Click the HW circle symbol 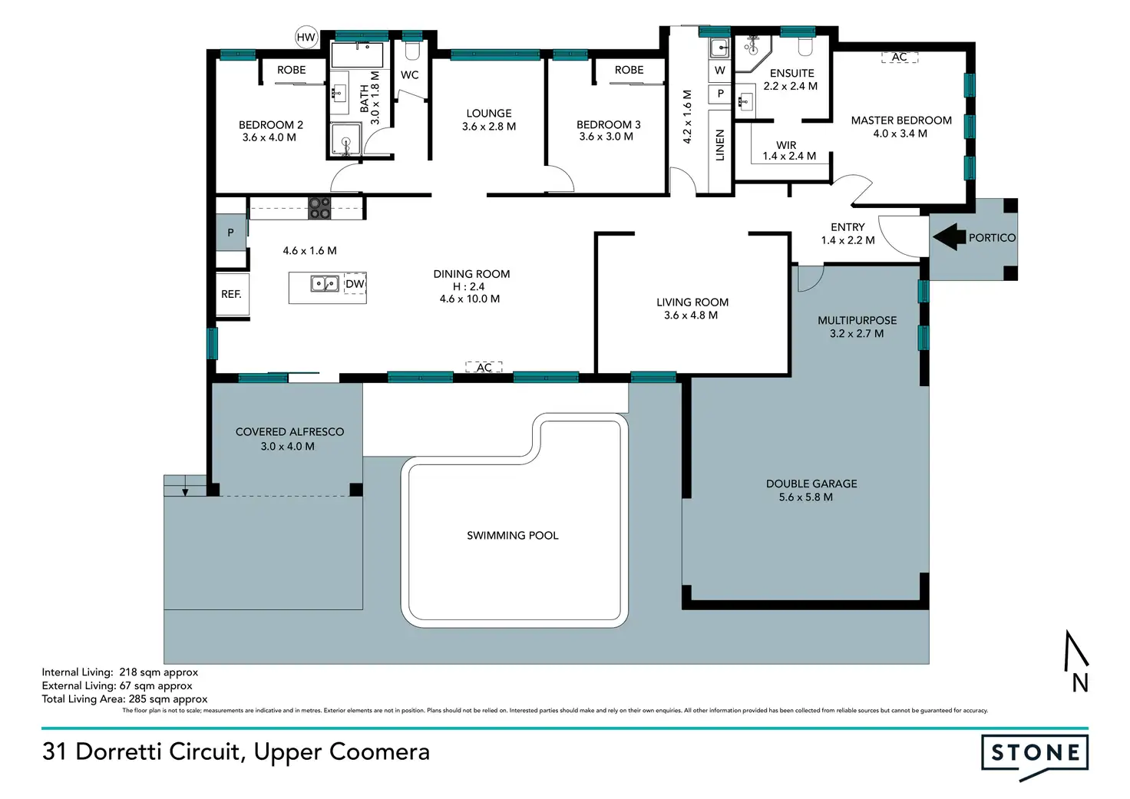tap(306, 38)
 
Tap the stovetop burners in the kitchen tap(319, 208)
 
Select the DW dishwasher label tap(355, 283)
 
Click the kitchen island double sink tap(325, 284)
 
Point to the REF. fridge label tap(231, 293)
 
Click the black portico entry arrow tap(949, 237)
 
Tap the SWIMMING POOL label tap(513, 535)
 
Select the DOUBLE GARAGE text tap(811, 484)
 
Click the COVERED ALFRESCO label tap(289, 432)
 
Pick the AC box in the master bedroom tap(900, 57)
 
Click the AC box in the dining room tap(484, 367)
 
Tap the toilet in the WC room tap(412, 50)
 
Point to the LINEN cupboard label tap(720, 145)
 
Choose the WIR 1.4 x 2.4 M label tap(788, 151)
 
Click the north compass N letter tap(1080, 684)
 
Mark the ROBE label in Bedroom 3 tap(629, 70)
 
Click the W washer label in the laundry tap(720, 70)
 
